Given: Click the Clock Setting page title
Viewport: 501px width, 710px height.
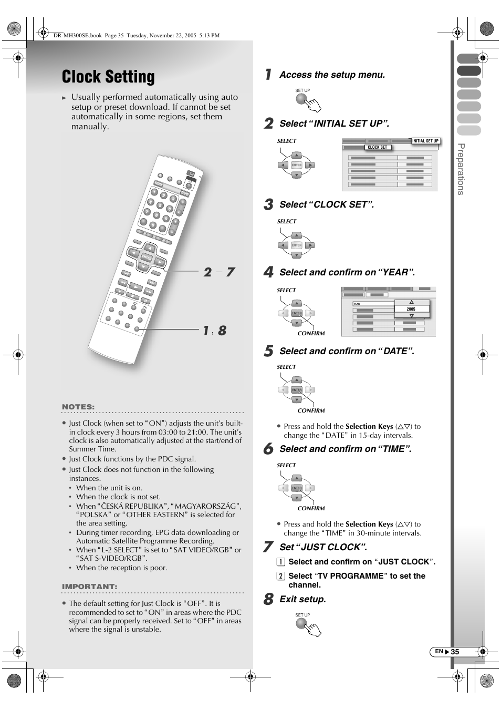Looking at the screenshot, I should click(108, 77).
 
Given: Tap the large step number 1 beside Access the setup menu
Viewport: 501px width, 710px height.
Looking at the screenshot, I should click(268, 75).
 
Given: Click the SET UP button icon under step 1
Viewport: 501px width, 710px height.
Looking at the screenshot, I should click(301, 98).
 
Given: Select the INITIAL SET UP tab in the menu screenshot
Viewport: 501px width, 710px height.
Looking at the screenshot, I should click(425, 141).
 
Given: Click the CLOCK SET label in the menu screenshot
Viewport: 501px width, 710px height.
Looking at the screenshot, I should click(377, 147).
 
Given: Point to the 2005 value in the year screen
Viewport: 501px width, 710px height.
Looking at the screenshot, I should click(411, 309).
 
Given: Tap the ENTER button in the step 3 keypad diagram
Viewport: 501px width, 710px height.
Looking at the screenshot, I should click(297, 245).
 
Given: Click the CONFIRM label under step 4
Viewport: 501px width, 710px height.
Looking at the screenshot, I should click(311, 333).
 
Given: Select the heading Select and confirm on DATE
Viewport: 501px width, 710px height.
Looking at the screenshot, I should click(347, 351).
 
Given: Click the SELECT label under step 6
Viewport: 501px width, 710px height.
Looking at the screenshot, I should click(286, 465).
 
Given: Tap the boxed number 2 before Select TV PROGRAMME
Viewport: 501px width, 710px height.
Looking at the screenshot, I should click(281, 576).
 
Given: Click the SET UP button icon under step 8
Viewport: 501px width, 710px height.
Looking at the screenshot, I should click(301, 623).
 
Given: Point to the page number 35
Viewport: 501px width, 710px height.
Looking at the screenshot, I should click(455, 652).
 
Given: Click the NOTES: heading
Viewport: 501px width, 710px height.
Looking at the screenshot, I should click(78, 407).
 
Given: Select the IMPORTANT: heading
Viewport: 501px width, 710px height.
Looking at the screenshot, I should click(89, 586).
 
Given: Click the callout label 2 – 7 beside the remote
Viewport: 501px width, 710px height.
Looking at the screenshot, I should click(219, 272).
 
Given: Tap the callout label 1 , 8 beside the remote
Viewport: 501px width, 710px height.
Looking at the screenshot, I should click(215, 331).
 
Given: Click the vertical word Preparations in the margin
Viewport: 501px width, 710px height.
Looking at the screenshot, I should click(461, 169).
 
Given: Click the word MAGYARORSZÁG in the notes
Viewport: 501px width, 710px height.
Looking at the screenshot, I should click(205, 506).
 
